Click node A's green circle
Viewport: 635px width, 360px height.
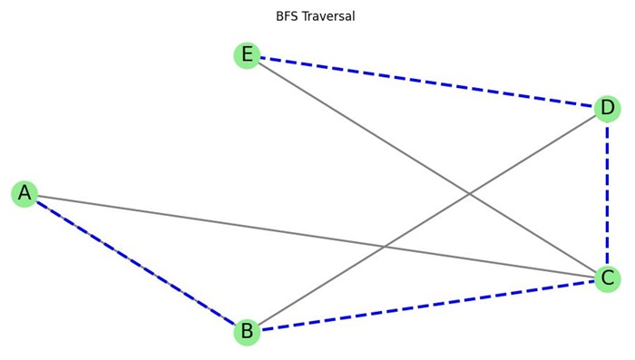[x=24, y=193]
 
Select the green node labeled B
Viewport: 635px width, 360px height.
[x=247, y=332]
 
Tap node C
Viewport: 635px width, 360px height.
[x=608, y=279]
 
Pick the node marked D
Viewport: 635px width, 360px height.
[x=608, y=109]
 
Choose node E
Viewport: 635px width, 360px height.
[x=247, y=55]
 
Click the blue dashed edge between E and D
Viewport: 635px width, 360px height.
[x=426, y=82]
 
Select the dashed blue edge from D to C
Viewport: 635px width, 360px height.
[x=608, y=194]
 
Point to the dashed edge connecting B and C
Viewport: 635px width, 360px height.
[x=426, y=306]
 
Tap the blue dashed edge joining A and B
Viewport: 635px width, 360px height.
[x=136, y=263]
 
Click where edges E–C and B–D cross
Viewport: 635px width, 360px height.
[x=469, y=194]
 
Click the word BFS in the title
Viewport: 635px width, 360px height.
[x=289, y=16]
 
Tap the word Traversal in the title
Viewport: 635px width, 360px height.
[x=330, y=16]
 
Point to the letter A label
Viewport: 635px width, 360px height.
[x=24, y=193]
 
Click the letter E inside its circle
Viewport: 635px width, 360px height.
[x=247, y=55]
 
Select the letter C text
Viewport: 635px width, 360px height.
[x=608, y=279]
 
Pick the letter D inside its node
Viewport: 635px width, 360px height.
[x=608, y=109]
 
